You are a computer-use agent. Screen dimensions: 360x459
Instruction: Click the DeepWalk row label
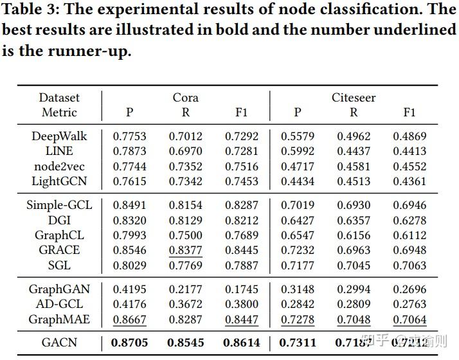click(59, 136)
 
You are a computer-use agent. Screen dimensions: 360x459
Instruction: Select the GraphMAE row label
click(59, 319)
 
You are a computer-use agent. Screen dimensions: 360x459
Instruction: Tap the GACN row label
click(59, 343)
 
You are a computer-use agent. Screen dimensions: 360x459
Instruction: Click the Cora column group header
click(185, 98)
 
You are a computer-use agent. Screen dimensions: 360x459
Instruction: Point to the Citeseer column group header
click(354, 98)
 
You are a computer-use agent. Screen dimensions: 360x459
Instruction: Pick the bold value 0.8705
click(129, 343)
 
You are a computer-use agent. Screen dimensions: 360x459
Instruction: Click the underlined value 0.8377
click(185, 250)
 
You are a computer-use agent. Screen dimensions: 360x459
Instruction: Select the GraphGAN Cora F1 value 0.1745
click(241, 289)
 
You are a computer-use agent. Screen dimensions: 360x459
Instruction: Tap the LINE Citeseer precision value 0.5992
click(297, 151)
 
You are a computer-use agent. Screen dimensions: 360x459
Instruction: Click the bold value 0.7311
click(297, 343)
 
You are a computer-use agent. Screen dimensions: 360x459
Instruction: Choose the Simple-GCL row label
click(59, 206)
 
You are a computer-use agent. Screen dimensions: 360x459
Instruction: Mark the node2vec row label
click(59, 166)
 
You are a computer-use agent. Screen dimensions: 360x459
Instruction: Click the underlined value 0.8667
click(129, 319)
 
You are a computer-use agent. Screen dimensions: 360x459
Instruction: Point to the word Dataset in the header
click(59, 98)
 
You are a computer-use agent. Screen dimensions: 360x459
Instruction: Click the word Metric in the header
click(59, 113)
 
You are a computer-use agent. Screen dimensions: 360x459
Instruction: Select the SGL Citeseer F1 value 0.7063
click(410, 265)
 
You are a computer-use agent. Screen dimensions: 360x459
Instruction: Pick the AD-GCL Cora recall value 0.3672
click(185, 304)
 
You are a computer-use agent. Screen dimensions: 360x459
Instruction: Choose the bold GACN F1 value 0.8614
click(241, 343)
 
